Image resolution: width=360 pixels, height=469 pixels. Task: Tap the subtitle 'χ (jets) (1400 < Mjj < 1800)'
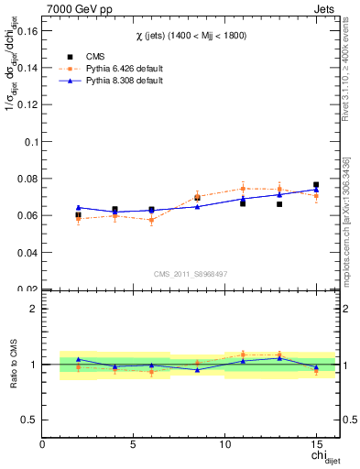tap(190, 35)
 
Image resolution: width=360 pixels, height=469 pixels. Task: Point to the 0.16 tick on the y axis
tap(27, 31)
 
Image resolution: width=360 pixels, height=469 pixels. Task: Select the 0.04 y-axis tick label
tap(27, 252)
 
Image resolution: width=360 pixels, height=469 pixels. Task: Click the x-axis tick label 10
tap(224, 443)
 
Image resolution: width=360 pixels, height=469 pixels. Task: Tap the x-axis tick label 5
tap(134, 443)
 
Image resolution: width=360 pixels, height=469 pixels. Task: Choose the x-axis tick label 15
tap(316, 443)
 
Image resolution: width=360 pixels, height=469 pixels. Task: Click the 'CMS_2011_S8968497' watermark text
tap(190, 274)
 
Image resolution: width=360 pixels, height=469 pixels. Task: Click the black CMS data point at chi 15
tap(316, 185)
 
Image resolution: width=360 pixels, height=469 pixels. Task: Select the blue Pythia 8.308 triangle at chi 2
tap(79, 207)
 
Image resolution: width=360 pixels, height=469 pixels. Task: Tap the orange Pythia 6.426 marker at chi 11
tap(243, 189)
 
